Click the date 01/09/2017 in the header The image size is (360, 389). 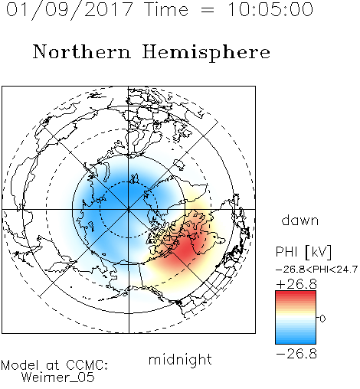(69, 10)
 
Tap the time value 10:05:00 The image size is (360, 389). (270, 10)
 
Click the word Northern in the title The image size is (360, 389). (82, 51)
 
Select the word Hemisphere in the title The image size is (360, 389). (206, 53)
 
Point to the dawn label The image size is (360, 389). (300, 220)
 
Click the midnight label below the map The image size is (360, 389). (180, 360)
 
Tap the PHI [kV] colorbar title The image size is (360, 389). (303, 252)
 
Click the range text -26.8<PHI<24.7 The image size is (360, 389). (316, 270)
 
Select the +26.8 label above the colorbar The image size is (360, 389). (296, 284)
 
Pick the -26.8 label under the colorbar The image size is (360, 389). (296, 354)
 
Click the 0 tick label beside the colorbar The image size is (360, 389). (322, 319)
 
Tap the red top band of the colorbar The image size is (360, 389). (296, 294)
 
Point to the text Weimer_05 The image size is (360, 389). (58, 378)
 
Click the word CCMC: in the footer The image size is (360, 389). (87, 365)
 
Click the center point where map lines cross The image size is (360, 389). (128, 209)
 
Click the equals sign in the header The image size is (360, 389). (208, 10)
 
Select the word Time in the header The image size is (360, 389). (166, 10)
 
